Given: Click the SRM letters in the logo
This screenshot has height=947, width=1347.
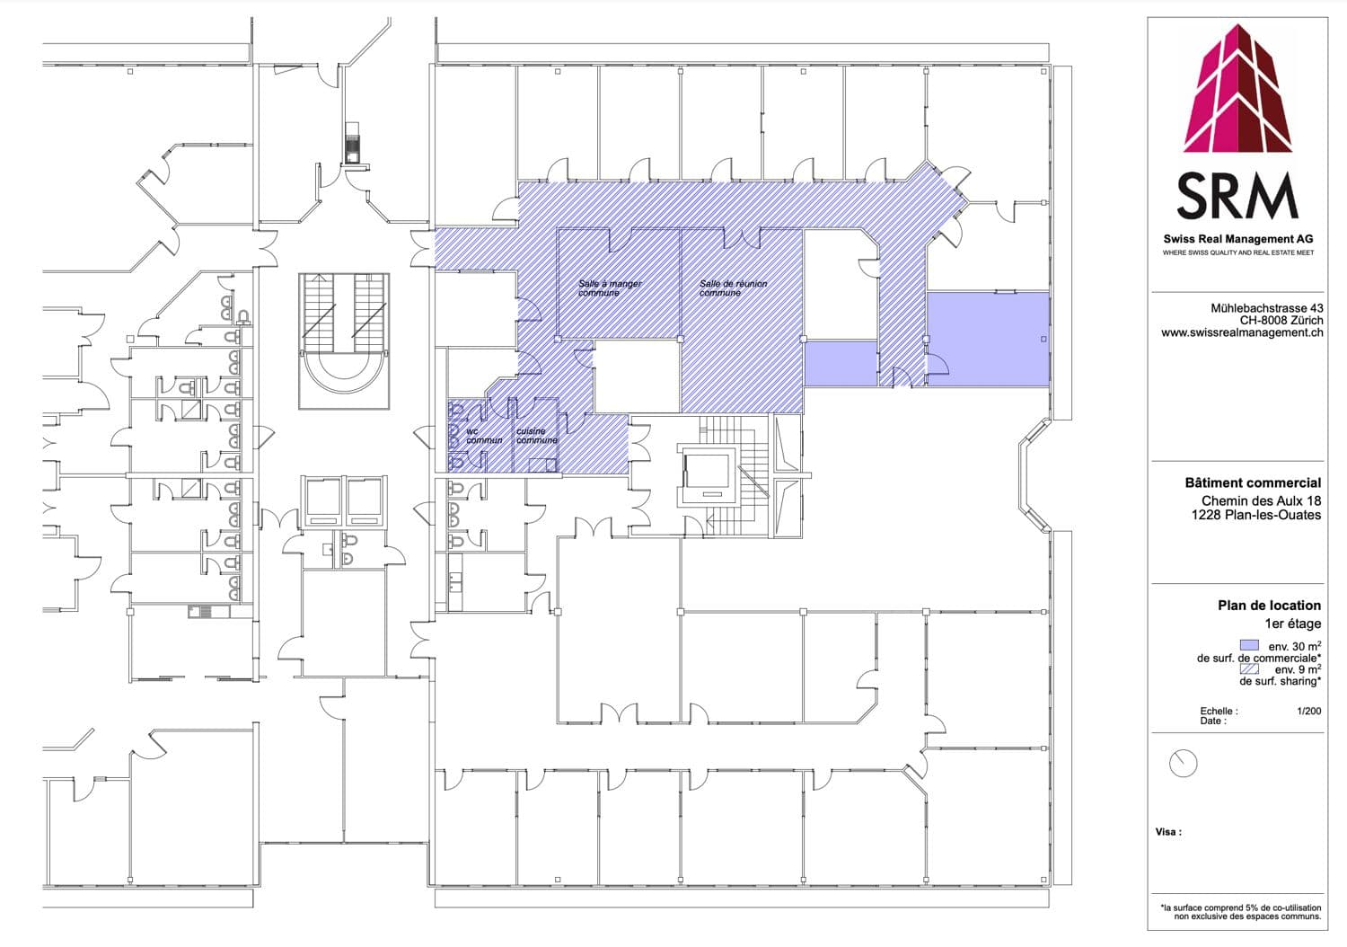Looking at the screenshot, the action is [x=1237, y=196].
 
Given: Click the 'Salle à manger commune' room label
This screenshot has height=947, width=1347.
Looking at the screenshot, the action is [x=610, y=288].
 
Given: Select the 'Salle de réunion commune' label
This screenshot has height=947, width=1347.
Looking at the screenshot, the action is [x=733, y=288].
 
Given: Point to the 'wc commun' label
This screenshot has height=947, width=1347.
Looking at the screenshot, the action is [x=484, y=436].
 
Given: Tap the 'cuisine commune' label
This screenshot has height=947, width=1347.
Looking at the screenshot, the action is [x=537, y=436].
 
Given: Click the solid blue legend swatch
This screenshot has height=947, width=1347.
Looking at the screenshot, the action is [x=1250, y=645].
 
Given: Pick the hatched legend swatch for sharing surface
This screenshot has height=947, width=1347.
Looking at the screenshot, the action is [x=1250, y=668].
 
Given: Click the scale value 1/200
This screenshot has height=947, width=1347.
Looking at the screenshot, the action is [x=1309, y=711].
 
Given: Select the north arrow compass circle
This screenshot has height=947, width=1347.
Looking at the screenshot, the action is [x=1183, y=763].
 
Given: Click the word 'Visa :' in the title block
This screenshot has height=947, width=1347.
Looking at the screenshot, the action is [x=1167, y=832].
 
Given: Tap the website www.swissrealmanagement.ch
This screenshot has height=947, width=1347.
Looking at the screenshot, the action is [x=1242, y=332].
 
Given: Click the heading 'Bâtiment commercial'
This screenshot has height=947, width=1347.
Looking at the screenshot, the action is [x=1253, y=482].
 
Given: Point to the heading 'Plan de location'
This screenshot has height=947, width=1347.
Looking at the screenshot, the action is [x=1269, y=606].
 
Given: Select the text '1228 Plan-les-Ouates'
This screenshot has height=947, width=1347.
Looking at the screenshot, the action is [x=1256, y=515].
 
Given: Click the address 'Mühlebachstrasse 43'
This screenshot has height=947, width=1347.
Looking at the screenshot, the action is [x=1267, y=308].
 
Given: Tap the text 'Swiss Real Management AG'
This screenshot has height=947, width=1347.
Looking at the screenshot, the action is [x=1238, y=239].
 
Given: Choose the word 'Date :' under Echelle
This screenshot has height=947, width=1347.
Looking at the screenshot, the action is [x=1213, y=721].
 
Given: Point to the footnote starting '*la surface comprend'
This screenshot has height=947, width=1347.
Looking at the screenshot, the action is [x=1240, y=912].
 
